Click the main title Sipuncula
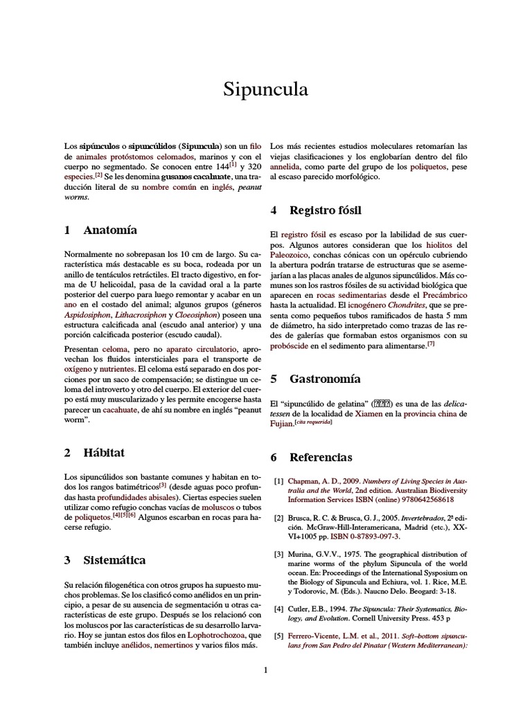266,90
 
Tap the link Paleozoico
296,255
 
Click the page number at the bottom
265,670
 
